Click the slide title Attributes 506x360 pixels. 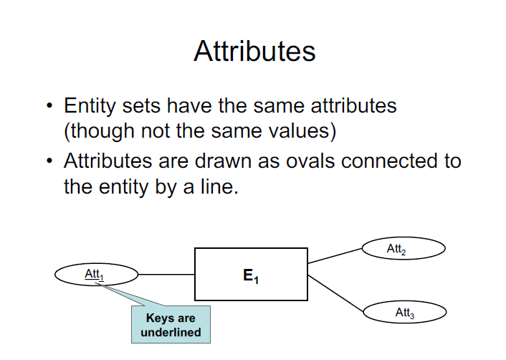[x=254, y=52]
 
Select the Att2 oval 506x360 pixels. [x=405, y=249]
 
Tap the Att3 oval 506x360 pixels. [x=405, y=313]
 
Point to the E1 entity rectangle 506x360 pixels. [x=252, y=274]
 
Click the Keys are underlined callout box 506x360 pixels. [x=171, y=325]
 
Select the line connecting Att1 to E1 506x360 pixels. [x=165, y=274]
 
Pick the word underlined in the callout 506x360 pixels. [x=171, y=332]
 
